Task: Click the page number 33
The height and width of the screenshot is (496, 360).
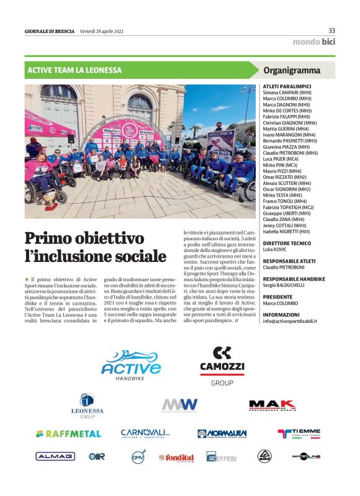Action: [331, 30]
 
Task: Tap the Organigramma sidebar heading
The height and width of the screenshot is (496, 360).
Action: [292, 70]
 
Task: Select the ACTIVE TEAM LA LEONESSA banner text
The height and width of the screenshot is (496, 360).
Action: [74, 70]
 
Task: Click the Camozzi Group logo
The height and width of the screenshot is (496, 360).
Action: [217, 366]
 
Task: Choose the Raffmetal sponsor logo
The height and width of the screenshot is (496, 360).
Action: [68, 433]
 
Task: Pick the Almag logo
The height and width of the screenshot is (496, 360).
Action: [55, 456]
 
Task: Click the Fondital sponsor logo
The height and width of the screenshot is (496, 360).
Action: [176, 458]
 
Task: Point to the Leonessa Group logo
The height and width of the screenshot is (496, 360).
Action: [87, 407]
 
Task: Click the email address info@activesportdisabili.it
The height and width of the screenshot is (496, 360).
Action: [290, 322]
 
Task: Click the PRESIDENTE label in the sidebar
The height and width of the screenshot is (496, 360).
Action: [281, 297]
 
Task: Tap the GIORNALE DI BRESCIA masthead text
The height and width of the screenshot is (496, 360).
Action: [49, 31]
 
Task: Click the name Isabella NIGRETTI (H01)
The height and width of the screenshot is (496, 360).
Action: [290, 230]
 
